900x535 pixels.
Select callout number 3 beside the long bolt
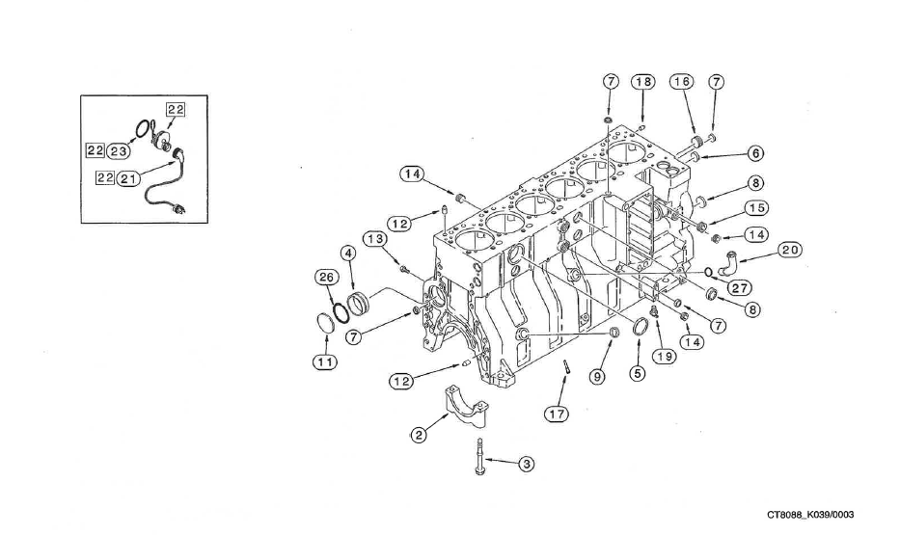point(527,464)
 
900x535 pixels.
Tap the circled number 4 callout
point(348,253)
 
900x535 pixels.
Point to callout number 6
point(754,153)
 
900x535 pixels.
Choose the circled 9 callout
point(597,376)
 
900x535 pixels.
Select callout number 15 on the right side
point(755,208)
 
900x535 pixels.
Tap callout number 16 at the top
point(682,82)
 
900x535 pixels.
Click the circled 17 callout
point(555,414)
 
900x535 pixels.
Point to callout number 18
point(643,82)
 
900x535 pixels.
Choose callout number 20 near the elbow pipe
point(790,250)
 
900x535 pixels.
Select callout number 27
point(741,287)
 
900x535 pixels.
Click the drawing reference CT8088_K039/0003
point(810,515)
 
